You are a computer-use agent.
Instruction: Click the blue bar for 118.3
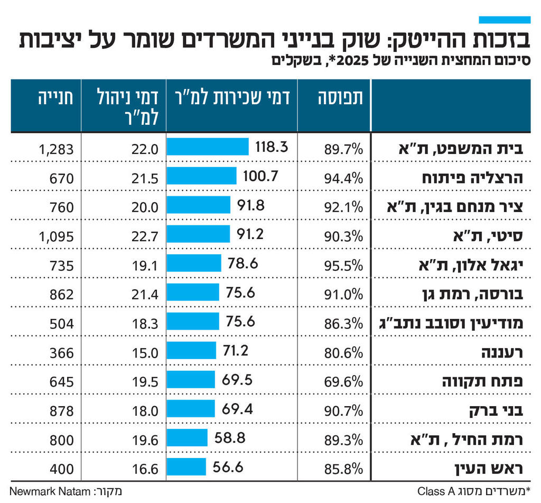[x=207, y=147]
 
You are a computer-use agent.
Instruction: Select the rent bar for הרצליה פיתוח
[x=201, y=176]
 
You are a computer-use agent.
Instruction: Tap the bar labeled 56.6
[x=186, y=467]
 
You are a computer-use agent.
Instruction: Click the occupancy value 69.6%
[x=343, y=380]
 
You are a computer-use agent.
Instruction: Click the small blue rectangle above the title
[x=504, y=20]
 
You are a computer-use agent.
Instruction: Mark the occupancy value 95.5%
[x=343, y=266]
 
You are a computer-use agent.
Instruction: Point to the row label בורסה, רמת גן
[x=480, y=295]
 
